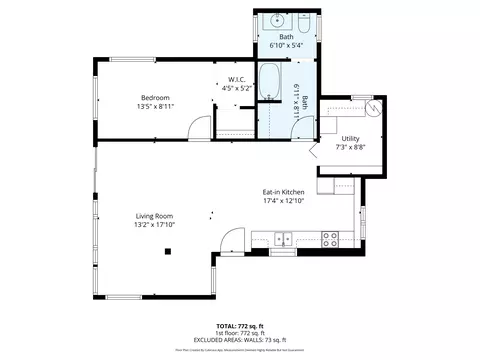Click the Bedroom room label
point(155,97)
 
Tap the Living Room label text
point(155,216)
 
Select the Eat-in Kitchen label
point(283,192)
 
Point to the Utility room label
point(350,139)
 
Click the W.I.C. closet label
point(237,80)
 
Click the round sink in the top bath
point(275,20)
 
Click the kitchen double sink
point(285,238)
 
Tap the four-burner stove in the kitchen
point(329,238)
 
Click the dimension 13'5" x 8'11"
point(155,106)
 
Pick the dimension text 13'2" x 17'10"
point(155,225)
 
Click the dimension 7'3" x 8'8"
point(350,148)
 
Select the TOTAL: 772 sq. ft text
point(240,326)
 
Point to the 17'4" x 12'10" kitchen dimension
point(283,201)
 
